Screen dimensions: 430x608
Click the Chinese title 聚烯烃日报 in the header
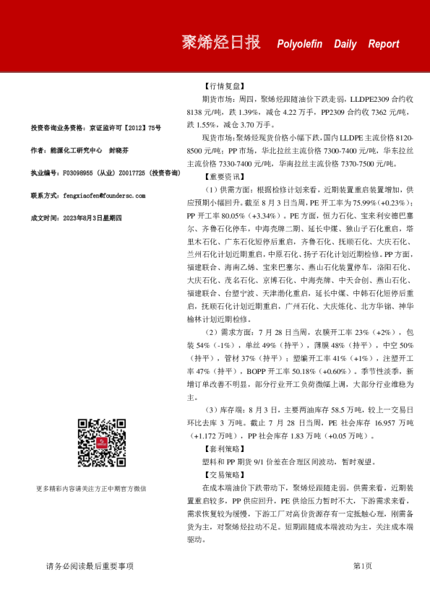point(220,43)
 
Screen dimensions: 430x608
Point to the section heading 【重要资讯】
point(225,176)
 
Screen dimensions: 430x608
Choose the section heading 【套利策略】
point(225,448)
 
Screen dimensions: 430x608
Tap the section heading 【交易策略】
point(225,475)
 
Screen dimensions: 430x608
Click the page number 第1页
point(362,566)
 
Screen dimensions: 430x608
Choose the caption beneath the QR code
point(101,489)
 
